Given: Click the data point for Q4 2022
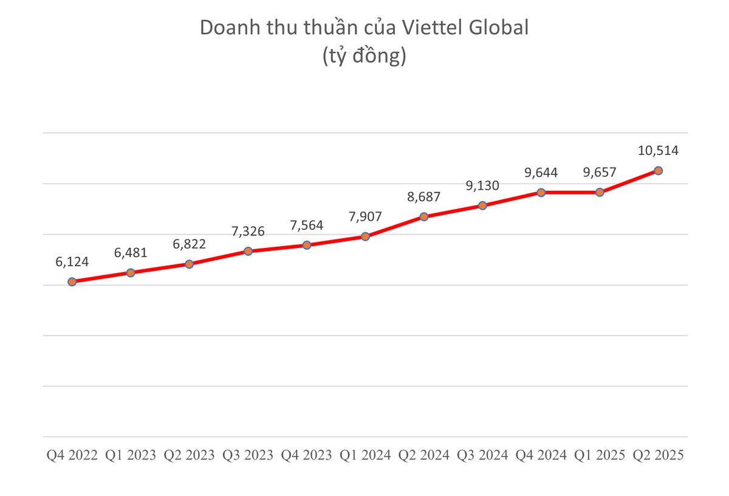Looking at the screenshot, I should pos(72,281).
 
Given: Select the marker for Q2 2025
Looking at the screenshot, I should pos(658,171).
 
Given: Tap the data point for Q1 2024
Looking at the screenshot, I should pos(365,236).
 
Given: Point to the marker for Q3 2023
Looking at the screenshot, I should pos(248,251).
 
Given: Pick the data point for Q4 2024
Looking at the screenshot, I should pos(541,192).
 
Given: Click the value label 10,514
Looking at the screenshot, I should pos(658,150).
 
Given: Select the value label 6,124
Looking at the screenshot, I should pos(72,262).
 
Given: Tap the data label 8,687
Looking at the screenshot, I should pos(424,196).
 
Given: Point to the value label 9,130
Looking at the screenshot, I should pos(482,185).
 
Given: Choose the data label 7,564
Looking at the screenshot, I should pos(307,225).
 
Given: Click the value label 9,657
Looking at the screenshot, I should pos(600,172).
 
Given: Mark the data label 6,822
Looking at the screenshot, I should pos(190,244).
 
